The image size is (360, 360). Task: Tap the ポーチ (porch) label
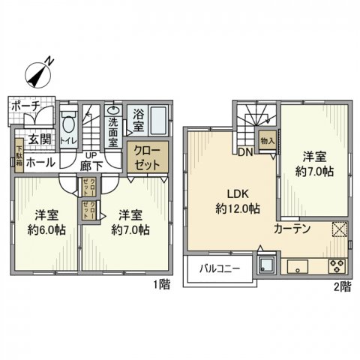pyautogui.click(x=24, y=106)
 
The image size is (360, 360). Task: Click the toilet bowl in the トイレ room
pyautogui.click(x=68, y=124)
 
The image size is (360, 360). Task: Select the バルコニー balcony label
pyautogui.click(x=218, y=268)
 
